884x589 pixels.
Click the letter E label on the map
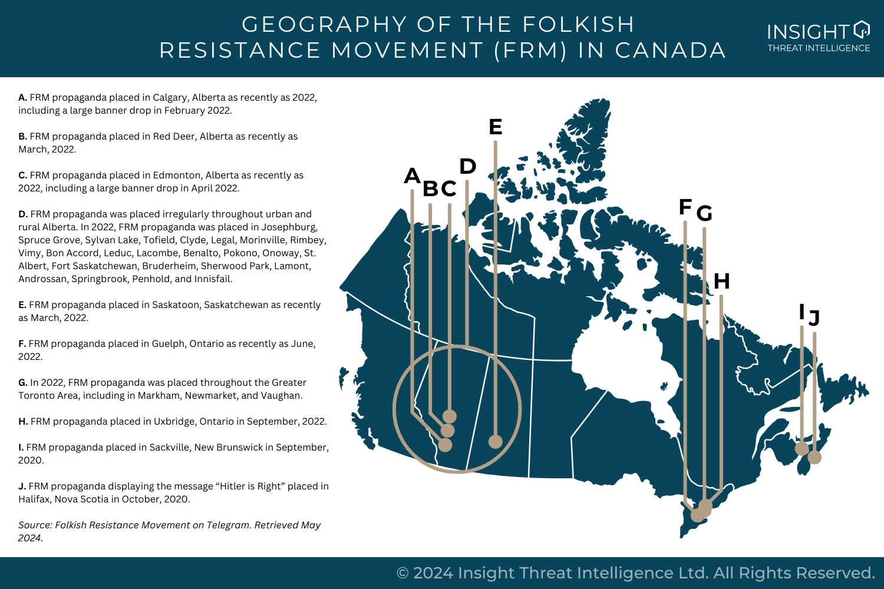tap(495, 127)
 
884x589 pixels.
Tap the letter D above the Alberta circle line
tap(467, 167)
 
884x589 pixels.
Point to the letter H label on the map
tap(721, 282)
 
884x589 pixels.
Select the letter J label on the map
tap(814, 318)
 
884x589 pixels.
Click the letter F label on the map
tap(685, 207)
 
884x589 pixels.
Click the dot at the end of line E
tap(496, 441)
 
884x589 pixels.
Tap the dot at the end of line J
tap(814, 457)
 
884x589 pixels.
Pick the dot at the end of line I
tap(801, 448)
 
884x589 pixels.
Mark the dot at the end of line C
tap(450, 416)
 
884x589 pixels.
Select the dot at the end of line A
tap(445, 445)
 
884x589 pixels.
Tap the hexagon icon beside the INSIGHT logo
tap(861, 29)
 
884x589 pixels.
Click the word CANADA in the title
tap(670, 51)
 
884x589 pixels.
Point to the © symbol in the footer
tap(403, 573)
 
